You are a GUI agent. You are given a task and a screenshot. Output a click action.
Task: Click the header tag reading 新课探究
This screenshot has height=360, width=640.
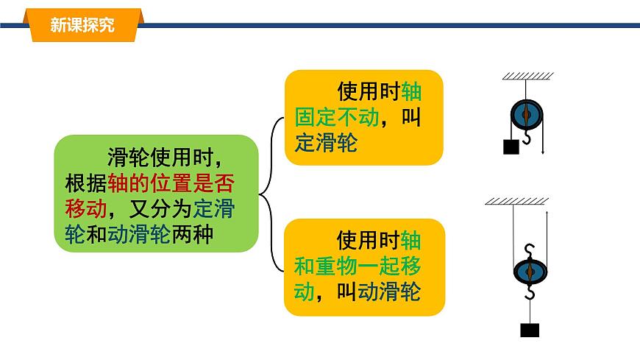coord(82,25)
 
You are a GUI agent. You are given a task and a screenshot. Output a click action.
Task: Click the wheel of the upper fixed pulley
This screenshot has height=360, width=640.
coord(526,114)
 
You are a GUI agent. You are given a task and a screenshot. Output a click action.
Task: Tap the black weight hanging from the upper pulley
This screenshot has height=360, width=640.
coord(511,147)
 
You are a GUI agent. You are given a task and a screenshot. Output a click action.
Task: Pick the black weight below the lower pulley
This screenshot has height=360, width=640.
coord(529,330)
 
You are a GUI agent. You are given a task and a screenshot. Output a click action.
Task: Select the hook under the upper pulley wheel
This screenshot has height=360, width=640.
coord(527,137)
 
